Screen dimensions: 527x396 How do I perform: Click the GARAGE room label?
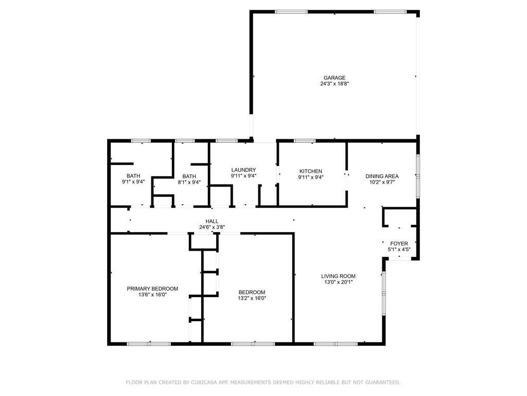tap(335, 78)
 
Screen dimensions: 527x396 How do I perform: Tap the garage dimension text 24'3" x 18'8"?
tap(335, 84)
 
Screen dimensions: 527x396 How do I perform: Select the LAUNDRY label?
tap(243, 170)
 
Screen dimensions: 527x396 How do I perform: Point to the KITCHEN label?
tap(311, 171)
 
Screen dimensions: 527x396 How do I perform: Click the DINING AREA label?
tap(382, 176)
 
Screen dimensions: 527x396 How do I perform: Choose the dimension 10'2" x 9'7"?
tap(382, 182)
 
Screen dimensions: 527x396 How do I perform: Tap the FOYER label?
tap(399, 243)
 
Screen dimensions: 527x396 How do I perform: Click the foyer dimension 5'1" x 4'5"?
tap(399, 250)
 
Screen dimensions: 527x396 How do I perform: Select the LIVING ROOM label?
tap(338, 276)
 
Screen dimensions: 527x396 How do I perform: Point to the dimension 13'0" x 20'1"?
tap(338, 282)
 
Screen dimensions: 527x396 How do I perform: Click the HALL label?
tap(212, 221)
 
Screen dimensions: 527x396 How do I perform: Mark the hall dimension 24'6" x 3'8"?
tap(212, 227)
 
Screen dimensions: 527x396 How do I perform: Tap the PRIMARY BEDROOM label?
tap(152, 289)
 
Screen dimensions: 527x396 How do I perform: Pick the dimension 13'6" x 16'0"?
tap(152, 294)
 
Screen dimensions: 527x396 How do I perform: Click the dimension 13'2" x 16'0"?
tap(252, 299)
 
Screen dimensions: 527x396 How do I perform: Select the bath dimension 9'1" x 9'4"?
tap(133, 182)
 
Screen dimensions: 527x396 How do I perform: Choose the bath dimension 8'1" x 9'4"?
tap(189, 182)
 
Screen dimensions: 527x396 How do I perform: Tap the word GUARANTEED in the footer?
tap(382, 382)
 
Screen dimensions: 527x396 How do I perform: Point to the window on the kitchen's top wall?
tap(305, 141)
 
